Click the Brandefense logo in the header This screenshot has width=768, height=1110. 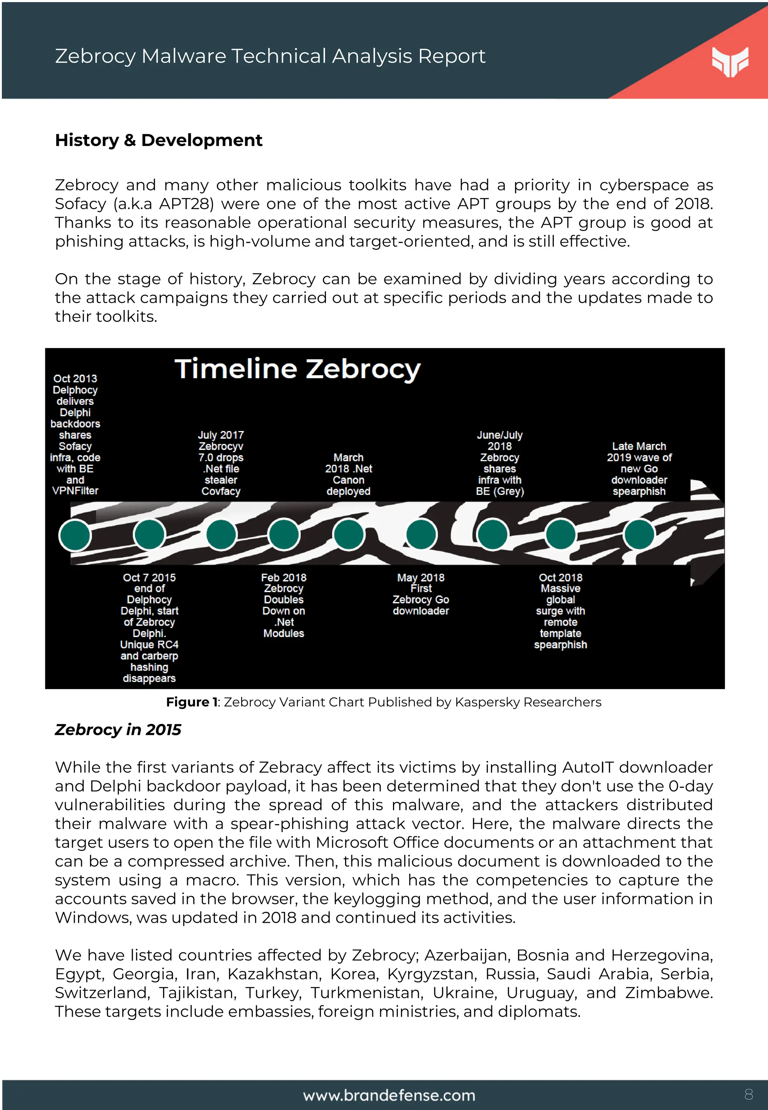(x=730, y=62)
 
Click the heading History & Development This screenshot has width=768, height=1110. (x=158, y=140)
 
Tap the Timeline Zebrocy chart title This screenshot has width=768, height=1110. (x=297, y=369)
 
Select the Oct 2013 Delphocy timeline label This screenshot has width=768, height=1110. (x=75, y=434)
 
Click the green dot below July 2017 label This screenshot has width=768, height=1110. (x=221, y=534)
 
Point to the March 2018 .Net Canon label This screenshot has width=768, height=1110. (x=348, y=474)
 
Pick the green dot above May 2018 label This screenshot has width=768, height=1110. (x=421, y=534)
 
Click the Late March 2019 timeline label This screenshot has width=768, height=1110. (x=639, y=469)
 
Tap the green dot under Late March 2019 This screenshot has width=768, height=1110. (x=639, y=534)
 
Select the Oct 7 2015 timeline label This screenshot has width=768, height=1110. (x=149, y=627)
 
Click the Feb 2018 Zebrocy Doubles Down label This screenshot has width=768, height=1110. (x=283, y=605)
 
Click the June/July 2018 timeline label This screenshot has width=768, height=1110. (x=499, y=463)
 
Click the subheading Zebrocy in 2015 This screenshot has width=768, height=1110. (x=118, y=730)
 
